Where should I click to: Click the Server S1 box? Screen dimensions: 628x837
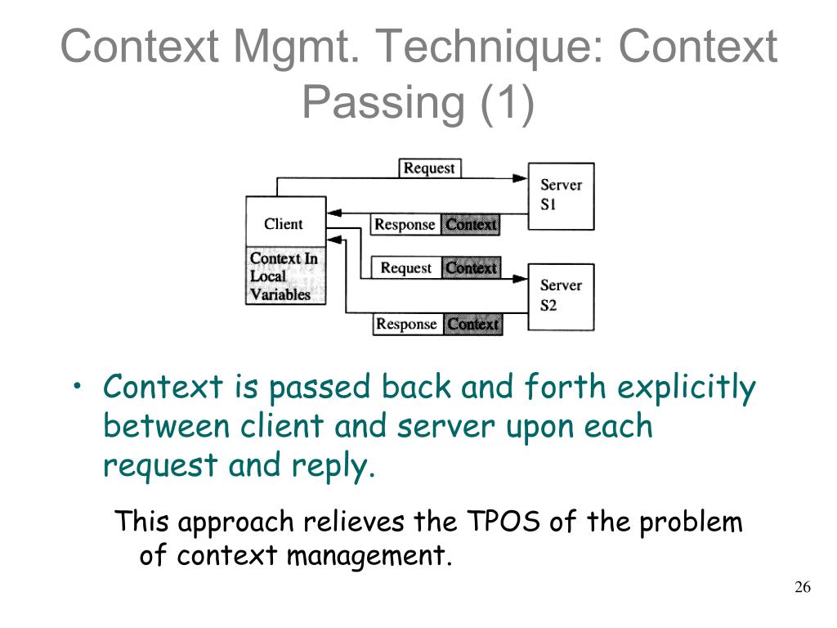(561, 195)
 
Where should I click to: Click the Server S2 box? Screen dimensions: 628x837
(561, 296)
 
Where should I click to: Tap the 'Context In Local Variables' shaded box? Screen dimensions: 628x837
(284, 276)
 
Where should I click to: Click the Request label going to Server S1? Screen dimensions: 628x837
(429, 168)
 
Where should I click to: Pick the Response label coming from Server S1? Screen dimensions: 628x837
(405, 224)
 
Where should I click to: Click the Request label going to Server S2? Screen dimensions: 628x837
(406, 267)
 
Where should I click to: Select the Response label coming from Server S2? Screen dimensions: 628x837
(407, 324)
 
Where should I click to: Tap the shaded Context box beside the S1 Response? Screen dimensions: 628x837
(471, 224)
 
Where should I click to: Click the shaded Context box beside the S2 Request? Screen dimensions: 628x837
(472, 267)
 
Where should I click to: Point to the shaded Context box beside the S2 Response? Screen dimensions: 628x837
(473, 324)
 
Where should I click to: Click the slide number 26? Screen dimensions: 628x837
(802, 588)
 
